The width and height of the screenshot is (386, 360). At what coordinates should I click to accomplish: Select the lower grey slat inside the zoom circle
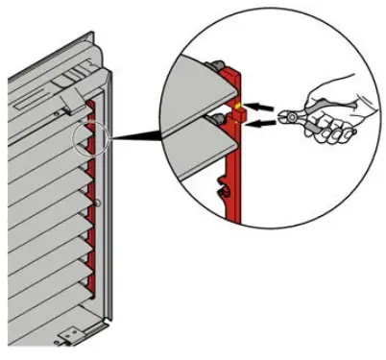[187, 144]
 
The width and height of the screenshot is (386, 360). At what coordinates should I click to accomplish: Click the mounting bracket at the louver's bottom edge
[69, 336]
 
